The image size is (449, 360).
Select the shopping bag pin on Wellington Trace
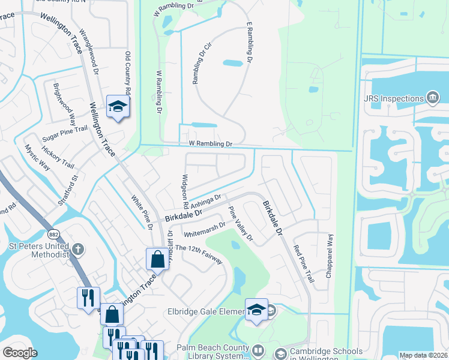click(x=157, y=259)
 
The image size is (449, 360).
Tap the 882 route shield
click(x=53, y=233)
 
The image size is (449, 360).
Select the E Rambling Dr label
click(x=249, y=43)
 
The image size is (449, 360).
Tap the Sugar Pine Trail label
click(x=65, y=134)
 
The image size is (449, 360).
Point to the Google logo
click(x=20, y=353)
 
